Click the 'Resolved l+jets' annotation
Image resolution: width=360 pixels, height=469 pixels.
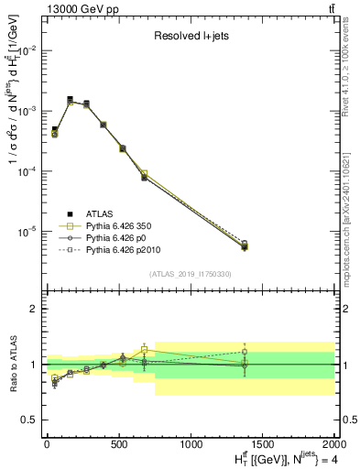[x=189, y=38]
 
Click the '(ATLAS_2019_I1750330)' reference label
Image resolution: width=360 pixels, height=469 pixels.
[x=189, y=273]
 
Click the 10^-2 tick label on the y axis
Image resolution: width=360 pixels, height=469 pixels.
[x=27, y=50]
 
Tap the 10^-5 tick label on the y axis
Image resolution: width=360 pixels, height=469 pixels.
[x=27, y=232]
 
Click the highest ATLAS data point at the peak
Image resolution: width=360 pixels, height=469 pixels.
[x=70, y=99]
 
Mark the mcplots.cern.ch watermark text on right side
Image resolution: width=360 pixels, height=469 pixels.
[x=351, y=220]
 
